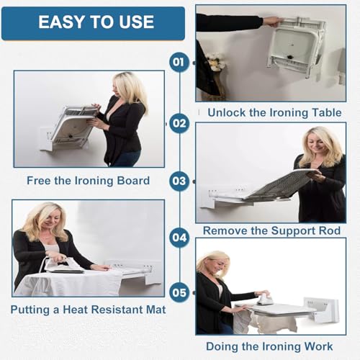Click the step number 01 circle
179,62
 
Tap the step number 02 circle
179,124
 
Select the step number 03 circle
179,181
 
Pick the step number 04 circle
179,238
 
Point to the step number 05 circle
179,293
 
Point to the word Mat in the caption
156,310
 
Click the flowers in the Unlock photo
215,62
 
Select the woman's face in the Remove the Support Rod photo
317,143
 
